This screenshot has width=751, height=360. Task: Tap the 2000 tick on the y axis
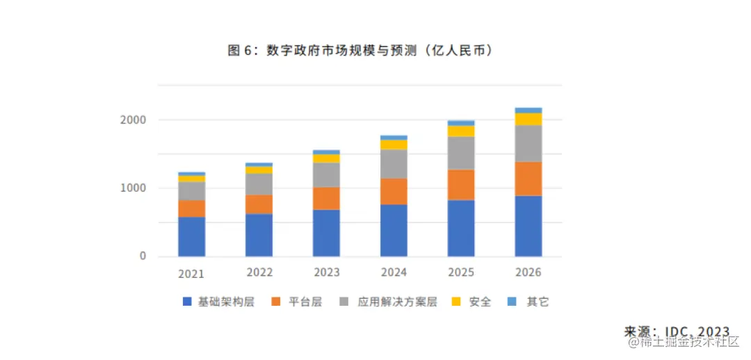pyautogui.click(x=133, y=120)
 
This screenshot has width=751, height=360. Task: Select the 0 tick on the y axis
pyautogui.click(x=143, y=256)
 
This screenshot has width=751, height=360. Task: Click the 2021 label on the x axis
pyautogui.click(x=191, y=274)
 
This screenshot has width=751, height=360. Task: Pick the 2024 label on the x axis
pyautogui.click(x=394, y=272)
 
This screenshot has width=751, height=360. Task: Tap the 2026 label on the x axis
pyautogui.click(x=528, y=272)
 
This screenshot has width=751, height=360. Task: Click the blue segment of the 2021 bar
pyautogui.click(x=191, y=236)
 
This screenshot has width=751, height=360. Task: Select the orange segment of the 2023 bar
pyautogui.click(x=326, y=198)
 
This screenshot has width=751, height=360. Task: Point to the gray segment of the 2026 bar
pyautogui.click(x=528, y=143)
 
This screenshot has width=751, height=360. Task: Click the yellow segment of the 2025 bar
pyautogui.click(x=461, y=131)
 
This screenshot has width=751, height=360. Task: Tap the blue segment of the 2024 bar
pyautogui.click(x=394, y=230)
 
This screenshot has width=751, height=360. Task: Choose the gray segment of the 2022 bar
pyautogui.click(x=259, y=184)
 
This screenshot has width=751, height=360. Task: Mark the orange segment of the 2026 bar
pyautogui.click(x=528, y=179)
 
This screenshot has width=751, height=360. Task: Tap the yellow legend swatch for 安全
pyautogui.click(x=457, y=302)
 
